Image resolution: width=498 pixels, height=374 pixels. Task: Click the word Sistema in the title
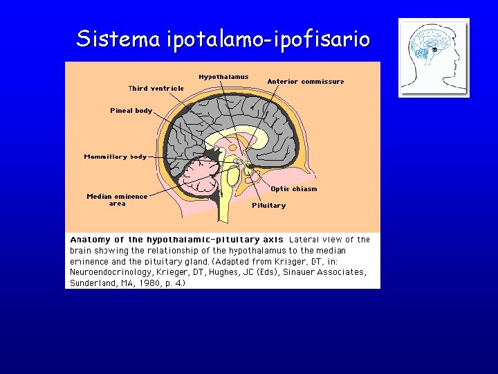[x=118, y=38]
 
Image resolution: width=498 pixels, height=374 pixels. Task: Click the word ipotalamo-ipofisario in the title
[x=268, y=39]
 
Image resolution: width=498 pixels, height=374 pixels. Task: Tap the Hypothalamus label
[x=223, y=77]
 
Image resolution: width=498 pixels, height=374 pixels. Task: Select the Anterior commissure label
[x=305, y=82]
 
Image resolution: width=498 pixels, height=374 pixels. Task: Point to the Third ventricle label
[x=156, y=88]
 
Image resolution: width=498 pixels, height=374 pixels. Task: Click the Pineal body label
[x=131, y=111]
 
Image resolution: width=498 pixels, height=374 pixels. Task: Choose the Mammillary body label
[x=116, y=157]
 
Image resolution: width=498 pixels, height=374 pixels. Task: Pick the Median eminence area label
[x=117, y=199]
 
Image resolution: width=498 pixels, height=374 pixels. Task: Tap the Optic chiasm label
[x=294, y=189]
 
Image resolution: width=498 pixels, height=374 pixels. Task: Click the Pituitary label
[x=268, y=206]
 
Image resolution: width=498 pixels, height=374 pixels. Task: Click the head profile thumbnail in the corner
[x=434, y=57]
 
